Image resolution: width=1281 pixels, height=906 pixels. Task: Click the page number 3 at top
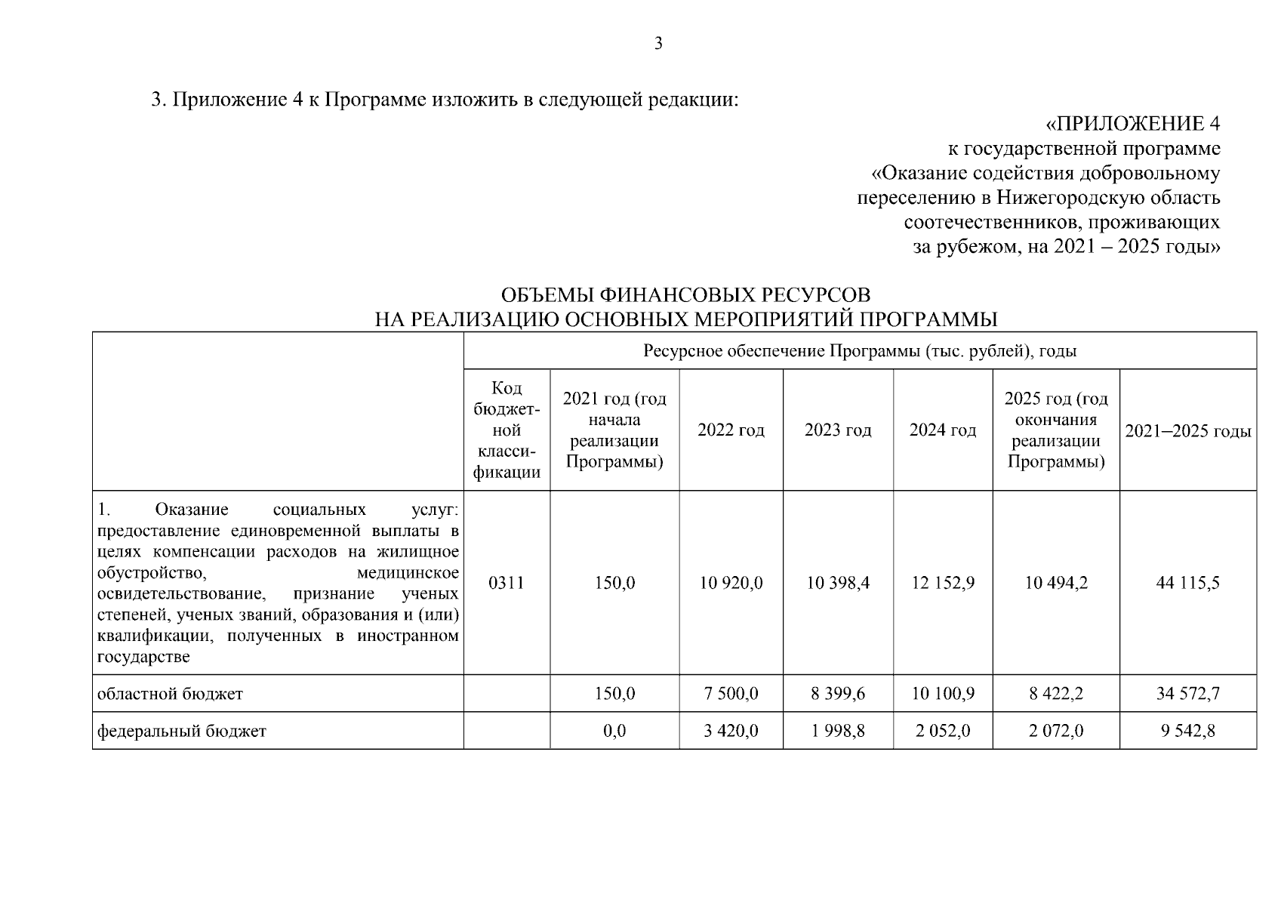coord(658,44)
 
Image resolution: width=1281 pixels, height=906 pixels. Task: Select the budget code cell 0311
coord(506,583)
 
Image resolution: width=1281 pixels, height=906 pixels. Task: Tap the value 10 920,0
coord(731,583)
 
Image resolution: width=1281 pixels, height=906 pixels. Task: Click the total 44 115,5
coord(1187,583)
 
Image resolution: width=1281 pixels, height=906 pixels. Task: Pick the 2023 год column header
coord(838,430)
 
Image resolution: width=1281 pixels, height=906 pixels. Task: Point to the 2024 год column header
coord(942,430)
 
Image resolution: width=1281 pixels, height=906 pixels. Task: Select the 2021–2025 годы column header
coord(1187,431)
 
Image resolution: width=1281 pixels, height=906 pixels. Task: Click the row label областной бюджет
coord(171,693)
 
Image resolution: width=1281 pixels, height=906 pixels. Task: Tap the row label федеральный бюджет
coord(182,731)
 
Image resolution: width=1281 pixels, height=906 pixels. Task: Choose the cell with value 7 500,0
coord(731,693)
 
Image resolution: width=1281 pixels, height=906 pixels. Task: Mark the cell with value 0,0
coord(614,731)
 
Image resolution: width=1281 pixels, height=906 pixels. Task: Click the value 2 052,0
coord(943,731)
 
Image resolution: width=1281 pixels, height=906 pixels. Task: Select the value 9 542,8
coord(1187,731)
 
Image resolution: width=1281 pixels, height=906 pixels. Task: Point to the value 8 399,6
coord(838,693)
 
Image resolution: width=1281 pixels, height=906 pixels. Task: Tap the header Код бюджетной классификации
coord(507,430)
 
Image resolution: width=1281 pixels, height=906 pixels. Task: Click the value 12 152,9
coord(943,583)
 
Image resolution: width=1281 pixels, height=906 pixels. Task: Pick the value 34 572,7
coord(1187,693)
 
